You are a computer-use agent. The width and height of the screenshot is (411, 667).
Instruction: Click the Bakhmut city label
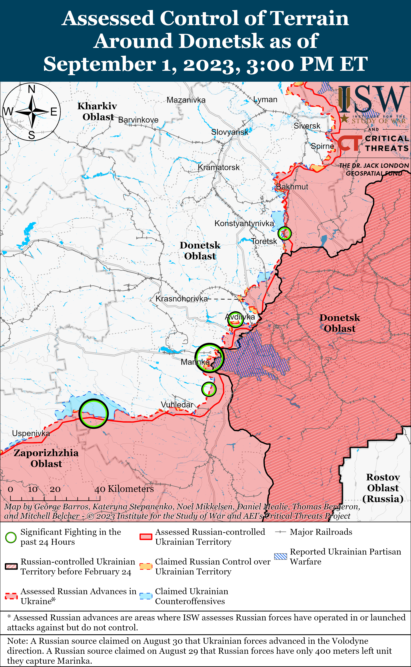point(292,187)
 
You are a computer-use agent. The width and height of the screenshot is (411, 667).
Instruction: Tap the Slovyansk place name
point(230,132)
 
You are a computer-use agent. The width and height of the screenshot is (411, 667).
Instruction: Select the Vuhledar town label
point(177,405)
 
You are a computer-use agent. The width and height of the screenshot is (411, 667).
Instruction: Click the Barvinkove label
point(138,120)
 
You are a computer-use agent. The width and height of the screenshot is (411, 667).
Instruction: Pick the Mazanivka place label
point(186,100)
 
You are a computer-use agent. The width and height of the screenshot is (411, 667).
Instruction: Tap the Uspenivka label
point(31,433)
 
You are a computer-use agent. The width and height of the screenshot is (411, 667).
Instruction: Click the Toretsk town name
point(264,241)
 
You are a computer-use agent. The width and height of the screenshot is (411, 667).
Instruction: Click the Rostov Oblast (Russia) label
point(383,488)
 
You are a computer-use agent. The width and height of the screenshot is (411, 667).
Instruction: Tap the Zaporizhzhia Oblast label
point(46,458)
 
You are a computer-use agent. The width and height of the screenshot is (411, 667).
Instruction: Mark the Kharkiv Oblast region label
point(97,111)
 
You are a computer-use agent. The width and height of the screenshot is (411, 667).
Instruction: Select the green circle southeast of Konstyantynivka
point(284,233)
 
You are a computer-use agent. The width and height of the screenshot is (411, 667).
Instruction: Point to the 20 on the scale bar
point(55,489)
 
